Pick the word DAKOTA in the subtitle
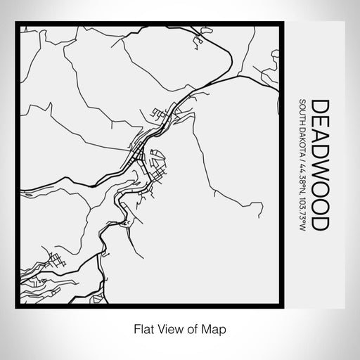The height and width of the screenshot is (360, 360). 302,139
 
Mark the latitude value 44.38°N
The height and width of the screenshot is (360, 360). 302,175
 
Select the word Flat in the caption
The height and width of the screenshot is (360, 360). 139,328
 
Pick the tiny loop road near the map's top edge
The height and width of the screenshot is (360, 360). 195,44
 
